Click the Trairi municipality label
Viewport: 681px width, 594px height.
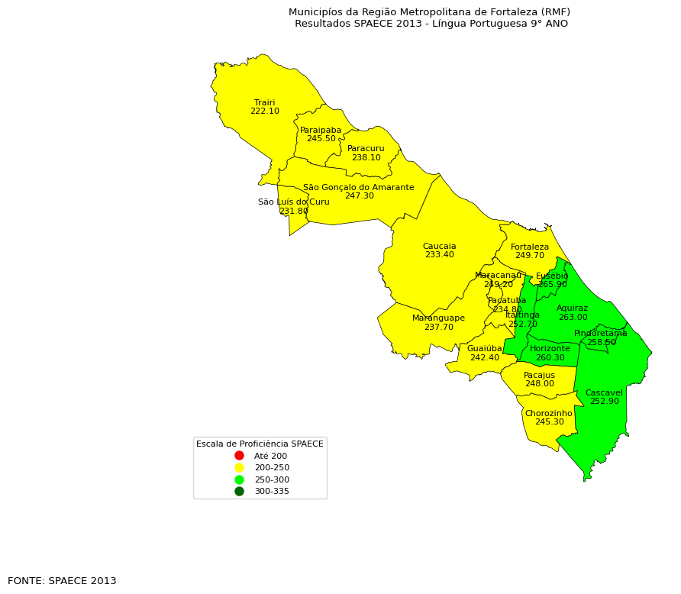(x=265, y=102)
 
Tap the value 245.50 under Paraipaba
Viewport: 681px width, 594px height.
(x=321, y=139)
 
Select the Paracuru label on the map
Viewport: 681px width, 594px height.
(x=366, y=148)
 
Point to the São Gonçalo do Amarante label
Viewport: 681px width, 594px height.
(x=358, y=187)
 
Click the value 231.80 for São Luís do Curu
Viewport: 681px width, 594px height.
(x=293, y=211)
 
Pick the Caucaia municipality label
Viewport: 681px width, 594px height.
(x=439, y=246)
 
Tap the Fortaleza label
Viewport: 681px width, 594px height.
(x=530, y=247)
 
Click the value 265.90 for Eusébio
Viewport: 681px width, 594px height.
(x=552, y=285)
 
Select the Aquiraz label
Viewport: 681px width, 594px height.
(x=572, y=308)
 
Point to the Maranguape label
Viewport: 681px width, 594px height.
(x=438, y=318)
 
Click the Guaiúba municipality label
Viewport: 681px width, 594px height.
(x=484, y=348)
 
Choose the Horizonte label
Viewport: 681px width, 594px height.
(x=550, y=348)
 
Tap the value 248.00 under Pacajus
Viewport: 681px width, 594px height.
(x=539, y=384)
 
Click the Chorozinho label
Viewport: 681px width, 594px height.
(x=548, y=413)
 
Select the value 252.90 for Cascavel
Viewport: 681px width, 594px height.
(x=604, y=402)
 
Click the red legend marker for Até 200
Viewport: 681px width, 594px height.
(x=239, y=456)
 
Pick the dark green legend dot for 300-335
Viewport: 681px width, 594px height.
(x=239, y=491)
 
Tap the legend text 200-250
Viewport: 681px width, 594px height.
(x=272, y=467)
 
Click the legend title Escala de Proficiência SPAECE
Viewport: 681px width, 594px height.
(x=260, y=444)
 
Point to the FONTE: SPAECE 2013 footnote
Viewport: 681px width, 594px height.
(x=62, y=581)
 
